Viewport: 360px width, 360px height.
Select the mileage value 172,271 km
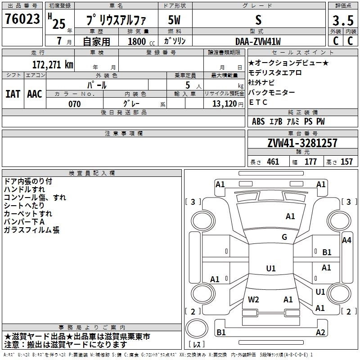(x=53, y=64)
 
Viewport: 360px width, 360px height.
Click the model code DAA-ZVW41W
(x=258, y=41)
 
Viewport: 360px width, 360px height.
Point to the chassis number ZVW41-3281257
(x=302, y=143)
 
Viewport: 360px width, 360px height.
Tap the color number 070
(x=74, y=104)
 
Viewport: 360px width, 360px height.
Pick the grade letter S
(x=258, y=20)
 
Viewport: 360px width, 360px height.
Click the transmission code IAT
(x=13, y=94)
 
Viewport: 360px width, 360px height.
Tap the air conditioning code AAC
(x=35, y=94)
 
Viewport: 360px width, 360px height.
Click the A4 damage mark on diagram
(x=346, y=240)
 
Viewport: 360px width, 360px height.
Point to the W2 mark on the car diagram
(x=253, y=299)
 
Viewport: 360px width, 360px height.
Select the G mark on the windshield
(x=284, y=237)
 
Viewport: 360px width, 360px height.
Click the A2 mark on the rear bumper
(x=320, y=333)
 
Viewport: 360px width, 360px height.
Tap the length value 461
(x=273, y=162)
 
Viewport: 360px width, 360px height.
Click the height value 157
(x=346, y=162)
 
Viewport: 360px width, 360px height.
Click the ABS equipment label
(x=258, y=121)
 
